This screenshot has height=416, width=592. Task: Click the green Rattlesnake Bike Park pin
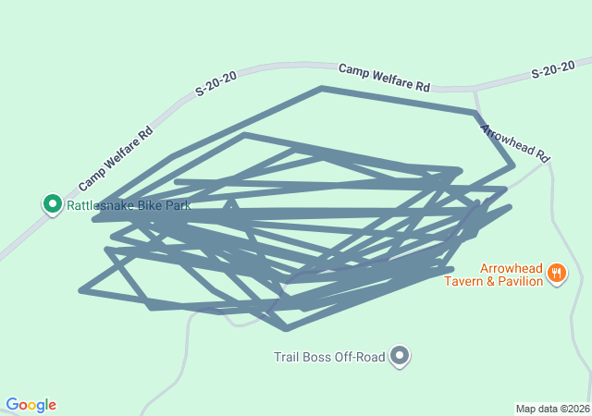(x=53, y=203)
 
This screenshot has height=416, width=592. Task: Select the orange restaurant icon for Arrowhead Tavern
(x=556, y=272)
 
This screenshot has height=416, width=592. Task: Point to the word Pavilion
(x=518, y=281)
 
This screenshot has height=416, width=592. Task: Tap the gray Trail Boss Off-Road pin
(x=400, y=355)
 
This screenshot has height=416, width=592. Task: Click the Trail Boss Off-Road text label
(x=328, y=357)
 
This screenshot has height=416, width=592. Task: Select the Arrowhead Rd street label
(x=515, y=141)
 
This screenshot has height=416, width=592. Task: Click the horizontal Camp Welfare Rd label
(x=384, y=78)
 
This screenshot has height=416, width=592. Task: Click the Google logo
(x=31, y=405)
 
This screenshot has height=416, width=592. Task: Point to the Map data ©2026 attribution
(x=551, y=409)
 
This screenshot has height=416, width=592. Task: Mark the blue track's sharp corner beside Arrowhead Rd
(x=513, y=166)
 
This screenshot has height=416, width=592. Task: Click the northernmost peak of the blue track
(x=322, y=89)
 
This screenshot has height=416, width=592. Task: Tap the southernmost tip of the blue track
(x=287, y=328)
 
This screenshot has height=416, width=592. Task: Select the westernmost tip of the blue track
(x=81, y=291)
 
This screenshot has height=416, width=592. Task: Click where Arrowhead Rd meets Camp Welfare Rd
(x=475, y=90)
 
